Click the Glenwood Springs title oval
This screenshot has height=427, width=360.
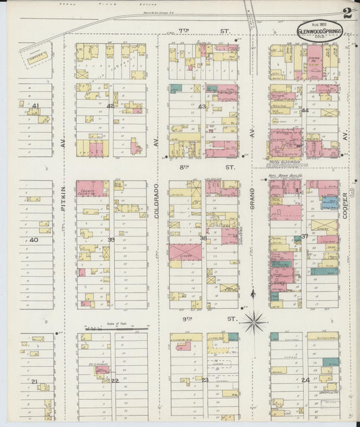319,30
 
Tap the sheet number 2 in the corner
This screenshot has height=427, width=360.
346,14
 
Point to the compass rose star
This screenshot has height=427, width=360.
254,322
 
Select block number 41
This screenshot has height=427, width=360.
35,105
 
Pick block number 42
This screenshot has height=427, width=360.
110,105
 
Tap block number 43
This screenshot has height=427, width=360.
202,106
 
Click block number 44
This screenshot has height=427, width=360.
305,110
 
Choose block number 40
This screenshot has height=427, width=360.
34,240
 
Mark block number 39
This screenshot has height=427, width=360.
111,240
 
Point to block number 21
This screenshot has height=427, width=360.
34,381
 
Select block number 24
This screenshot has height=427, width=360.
305,380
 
